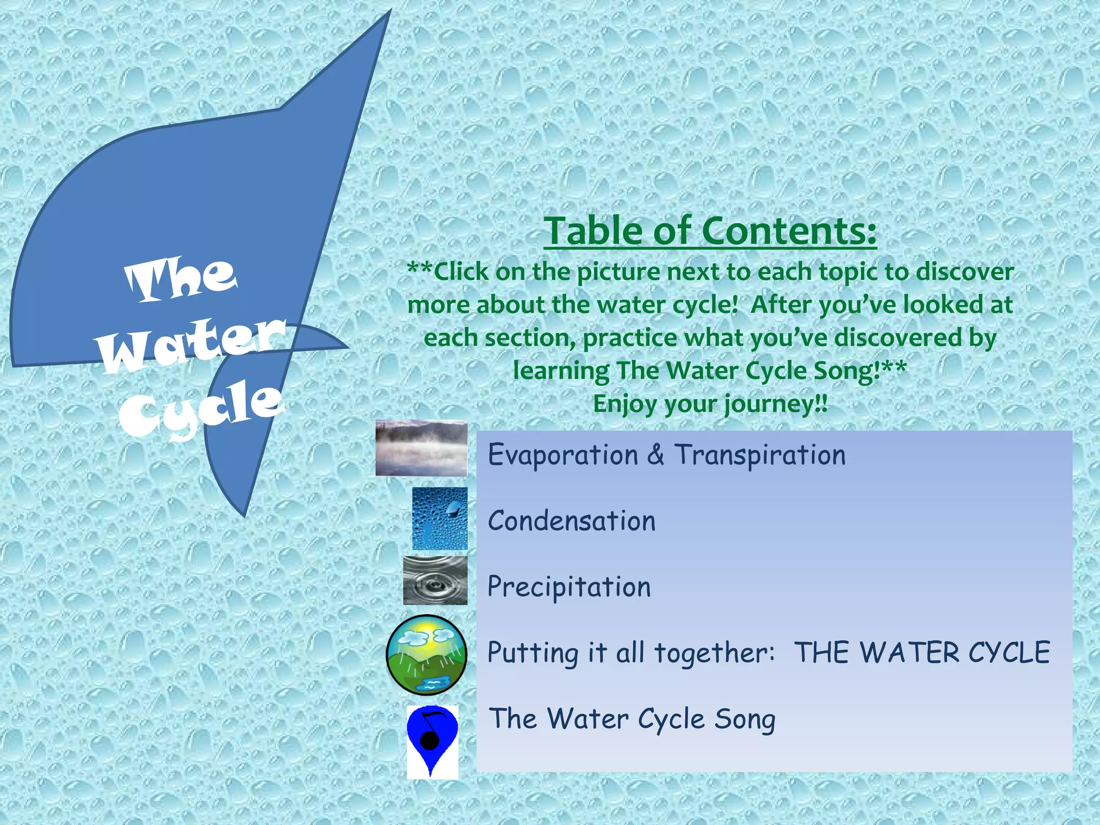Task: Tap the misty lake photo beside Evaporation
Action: coord(421,448)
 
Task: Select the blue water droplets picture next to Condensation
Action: coord(439,518)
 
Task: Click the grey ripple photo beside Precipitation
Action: coord(435,581)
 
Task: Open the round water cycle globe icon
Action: coord(426,655)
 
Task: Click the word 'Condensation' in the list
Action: coord(571,521)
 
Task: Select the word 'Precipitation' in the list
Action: coord(569,587)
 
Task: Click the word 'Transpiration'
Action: coord(760,455)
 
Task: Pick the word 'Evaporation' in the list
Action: coord(563,455)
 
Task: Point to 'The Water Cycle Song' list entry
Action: coord(632,719)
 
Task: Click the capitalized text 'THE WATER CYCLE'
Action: coord(922,653)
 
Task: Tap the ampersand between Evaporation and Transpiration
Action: coord(655,455)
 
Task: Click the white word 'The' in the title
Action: coord(181,279)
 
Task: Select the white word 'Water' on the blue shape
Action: coord(192,344)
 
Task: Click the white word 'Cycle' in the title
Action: coord(201,408)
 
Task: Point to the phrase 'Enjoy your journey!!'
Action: coord(710,404)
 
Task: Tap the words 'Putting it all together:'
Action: coord(631,653)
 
